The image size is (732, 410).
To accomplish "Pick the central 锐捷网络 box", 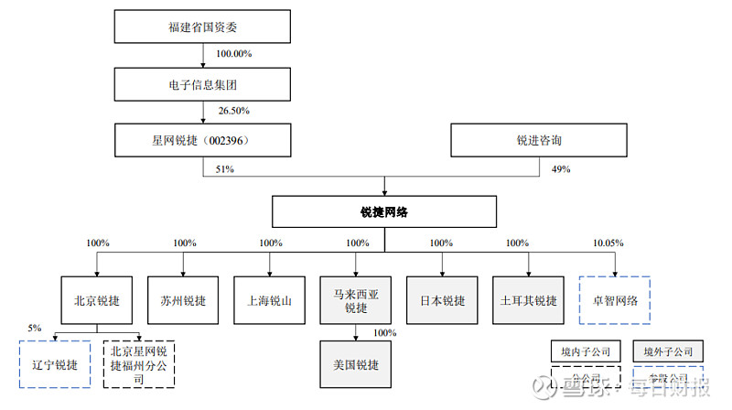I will pyautogui.click(x=383, y=211).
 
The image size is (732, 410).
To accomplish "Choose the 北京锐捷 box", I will pyautogui.click(x=97, y=300).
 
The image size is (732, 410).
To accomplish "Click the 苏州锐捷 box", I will pyautogui.click(x=183, y=300).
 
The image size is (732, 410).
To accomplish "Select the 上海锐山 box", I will pyautogui.click(x=270, y=300).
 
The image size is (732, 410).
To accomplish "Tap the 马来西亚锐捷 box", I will pyautogui.click(x=355, y=300).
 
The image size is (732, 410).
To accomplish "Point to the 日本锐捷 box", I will pyautogui.click(x=441, y=300).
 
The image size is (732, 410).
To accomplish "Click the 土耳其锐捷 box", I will pyautogui.click(x=528, y=300).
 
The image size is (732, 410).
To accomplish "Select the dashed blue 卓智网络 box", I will pyautogui.click(x=614, y=300).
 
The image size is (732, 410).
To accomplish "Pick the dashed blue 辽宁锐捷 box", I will pyautogui.click(x=54, y=365).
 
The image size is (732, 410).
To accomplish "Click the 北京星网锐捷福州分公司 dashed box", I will pyautogui.click(x=138, y=365).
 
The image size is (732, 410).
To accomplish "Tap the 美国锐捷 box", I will pyautogui.click(x=355, y=364).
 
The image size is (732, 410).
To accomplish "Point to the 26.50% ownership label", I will pyautogui.click(x=234, y=111).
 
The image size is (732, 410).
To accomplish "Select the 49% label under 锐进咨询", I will pyautogui.click(x=561, y=169).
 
